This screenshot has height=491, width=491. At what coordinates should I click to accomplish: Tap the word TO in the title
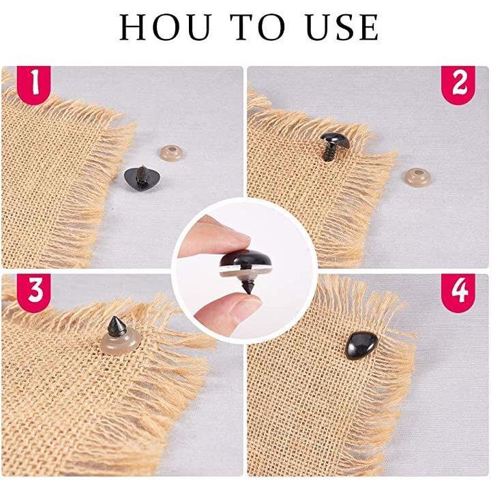(x=258, y=27)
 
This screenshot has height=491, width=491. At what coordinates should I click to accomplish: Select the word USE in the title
(x=342, y=27)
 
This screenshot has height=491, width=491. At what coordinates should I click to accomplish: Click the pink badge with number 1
(x=34, y=85)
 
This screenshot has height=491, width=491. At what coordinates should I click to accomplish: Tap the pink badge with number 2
(x=458, y=85)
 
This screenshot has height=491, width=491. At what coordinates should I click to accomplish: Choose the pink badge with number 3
(x=34, y=293)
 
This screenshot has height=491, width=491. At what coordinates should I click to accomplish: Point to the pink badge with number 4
(x=458, y=293)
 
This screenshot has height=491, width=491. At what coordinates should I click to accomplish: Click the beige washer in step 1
(x=171, y=153)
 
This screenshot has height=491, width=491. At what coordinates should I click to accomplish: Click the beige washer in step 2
(x=417, y=177)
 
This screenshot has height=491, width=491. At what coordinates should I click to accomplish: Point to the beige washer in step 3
(x=121, y=342)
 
